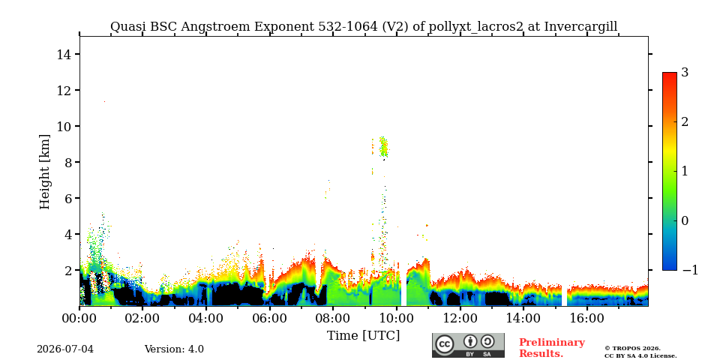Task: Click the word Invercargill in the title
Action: click(x=580, y=27)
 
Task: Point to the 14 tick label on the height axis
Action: click(x=63, y=54)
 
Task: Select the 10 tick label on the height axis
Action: click(x=63, y=126)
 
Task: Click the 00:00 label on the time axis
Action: click(x=79, y=318)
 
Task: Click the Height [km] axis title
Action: click(x=44, y=172)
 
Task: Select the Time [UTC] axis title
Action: click(x=363, y=336)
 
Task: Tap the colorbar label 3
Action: click(x=685, y=73)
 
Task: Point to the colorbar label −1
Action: click(x=690, y=270)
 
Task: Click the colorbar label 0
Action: click(x=685, y=220)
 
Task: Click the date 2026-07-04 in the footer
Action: click(x=65, y=349)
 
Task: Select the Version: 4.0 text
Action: click(x=174, y=349)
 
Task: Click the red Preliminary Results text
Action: click(x=552, y=348)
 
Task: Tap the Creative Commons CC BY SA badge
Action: click(x=468, y=345)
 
